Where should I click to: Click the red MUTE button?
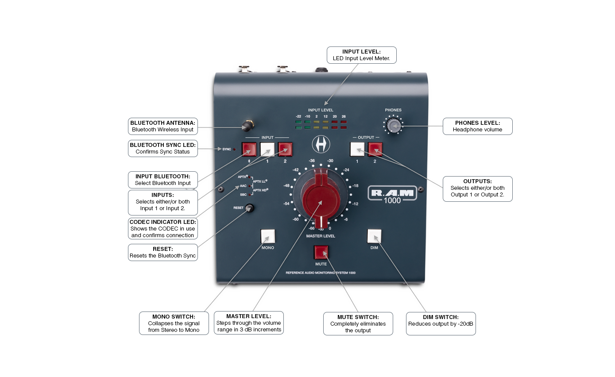321,253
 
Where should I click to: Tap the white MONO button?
268,236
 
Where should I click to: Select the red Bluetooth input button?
249,150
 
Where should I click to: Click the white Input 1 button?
267,150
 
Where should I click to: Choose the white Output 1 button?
357,150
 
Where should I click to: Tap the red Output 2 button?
375,150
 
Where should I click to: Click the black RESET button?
249,208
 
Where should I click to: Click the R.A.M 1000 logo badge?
392,195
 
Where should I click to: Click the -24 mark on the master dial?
346,170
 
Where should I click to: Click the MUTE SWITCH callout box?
358,323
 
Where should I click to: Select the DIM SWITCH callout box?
441,323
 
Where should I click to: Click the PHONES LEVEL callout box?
477,126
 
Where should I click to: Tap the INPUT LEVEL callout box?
361,55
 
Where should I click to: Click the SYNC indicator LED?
234,149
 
